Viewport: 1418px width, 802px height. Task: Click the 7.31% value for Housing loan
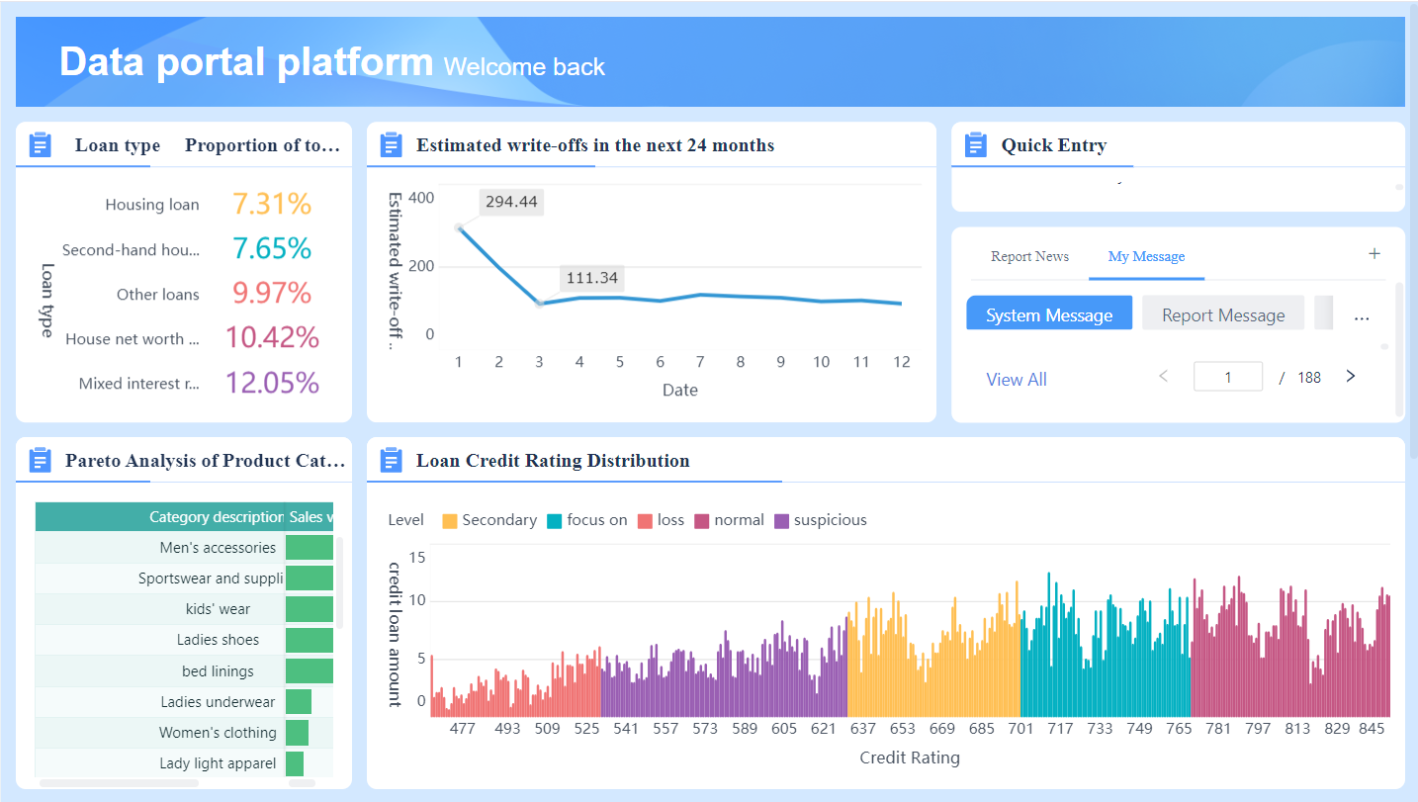click(272, 204)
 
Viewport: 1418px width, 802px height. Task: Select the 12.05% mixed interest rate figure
click(272, 383)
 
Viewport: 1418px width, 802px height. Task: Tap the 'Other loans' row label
click(157, 295)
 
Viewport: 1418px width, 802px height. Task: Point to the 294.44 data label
click(511, 202)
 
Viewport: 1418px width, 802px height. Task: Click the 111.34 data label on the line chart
click(590, 278)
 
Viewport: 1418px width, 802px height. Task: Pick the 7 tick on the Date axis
click(699, 362)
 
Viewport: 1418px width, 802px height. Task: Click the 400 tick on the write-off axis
click(421, 198)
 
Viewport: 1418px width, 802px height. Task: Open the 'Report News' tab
click(1029, 256)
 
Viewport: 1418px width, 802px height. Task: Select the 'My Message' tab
click(1146, 256)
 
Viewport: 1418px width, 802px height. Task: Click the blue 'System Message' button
click(1049, 314)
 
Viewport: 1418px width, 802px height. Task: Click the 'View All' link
click(1016, 380)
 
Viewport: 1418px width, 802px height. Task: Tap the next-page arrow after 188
click(1351, 377)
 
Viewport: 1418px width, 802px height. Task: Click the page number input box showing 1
click(1227, 377)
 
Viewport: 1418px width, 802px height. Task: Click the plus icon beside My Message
click(1374, 254)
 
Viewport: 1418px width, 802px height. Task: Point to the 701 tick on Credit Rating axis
click(1020, 729)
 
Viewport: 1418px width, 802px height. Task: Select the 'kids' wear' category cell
click(218, 609)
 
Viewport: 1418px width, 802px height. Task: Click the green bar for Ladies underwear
click(299, 702)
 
